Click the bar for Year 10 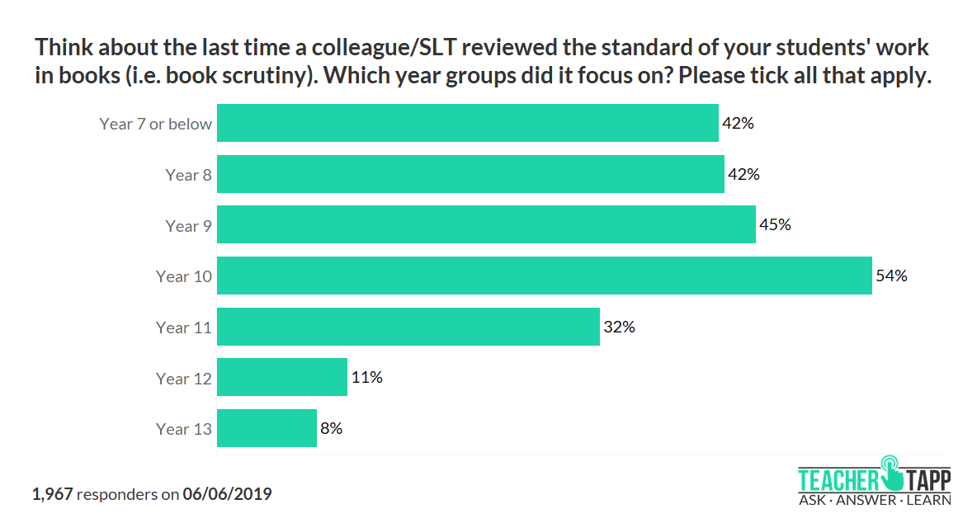coord(544,276)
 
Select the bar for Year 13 coord(267,428)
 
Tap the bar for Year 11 coord(408,327)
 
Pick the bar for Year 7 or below coord(467,124)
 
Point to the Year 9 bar coord(486,225)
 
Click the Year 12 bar coord(281,378)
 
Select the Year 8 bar coord(470,175)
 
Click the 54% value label coord(892,276)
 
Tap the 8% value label coord(332,428)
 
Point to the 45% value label coord(776,225)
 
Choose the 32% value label coord(619,327)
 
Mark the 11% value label coord(366,378)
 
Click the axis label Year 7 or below coord(156,124)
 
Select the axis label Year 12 coord(184,379)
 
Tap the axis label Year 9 coord(188,226)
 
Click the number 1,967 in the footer coord(53,495)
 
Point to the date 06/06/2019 coord(228,495)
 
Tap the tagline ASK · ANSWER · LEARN coord(874,500)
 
